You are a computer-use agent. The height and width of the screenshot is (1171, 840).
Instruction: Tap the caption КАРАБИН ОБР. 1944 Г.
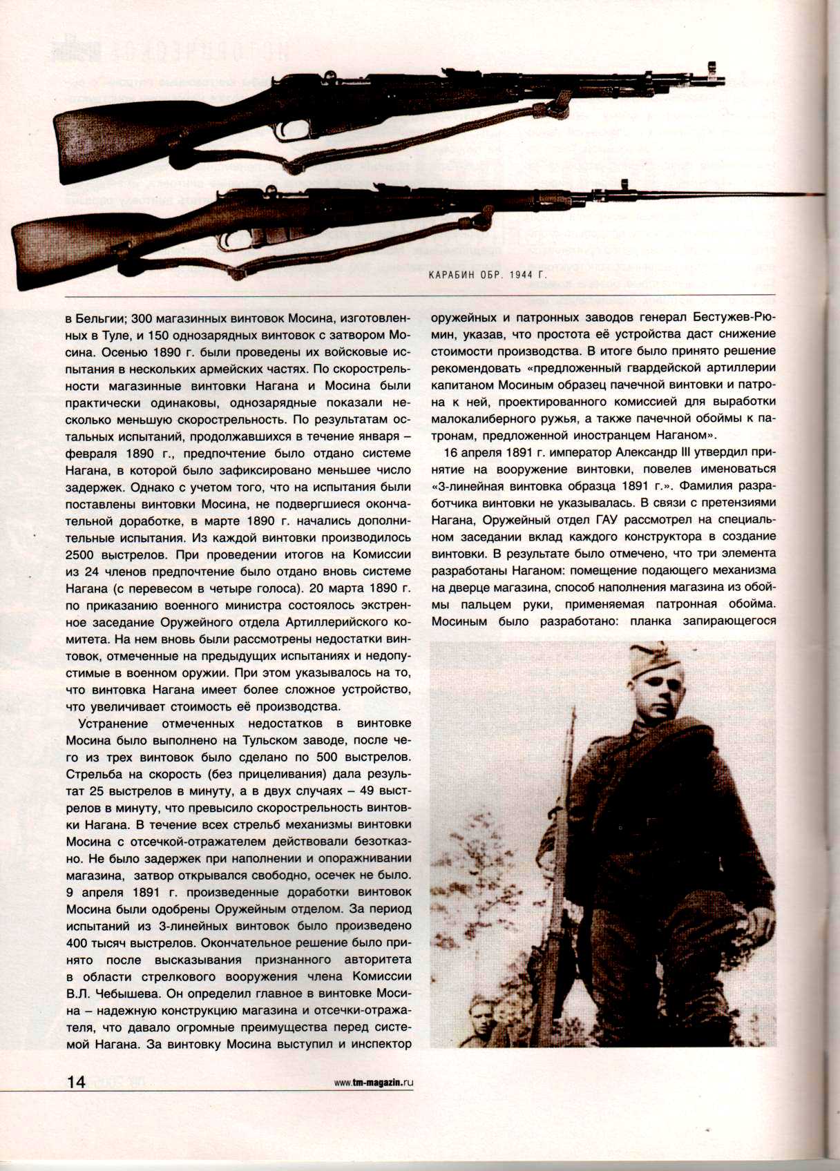(487, 275)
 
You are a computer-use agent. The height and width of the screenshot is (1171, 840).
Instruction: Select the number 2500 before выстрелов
(84, 554)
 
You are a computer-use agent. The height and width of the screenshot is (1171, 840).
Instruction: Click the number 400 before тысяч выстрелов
(79, 943)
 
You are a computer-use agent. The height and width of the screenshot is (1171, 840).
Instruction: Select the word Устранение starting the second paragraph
(113, 724)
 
